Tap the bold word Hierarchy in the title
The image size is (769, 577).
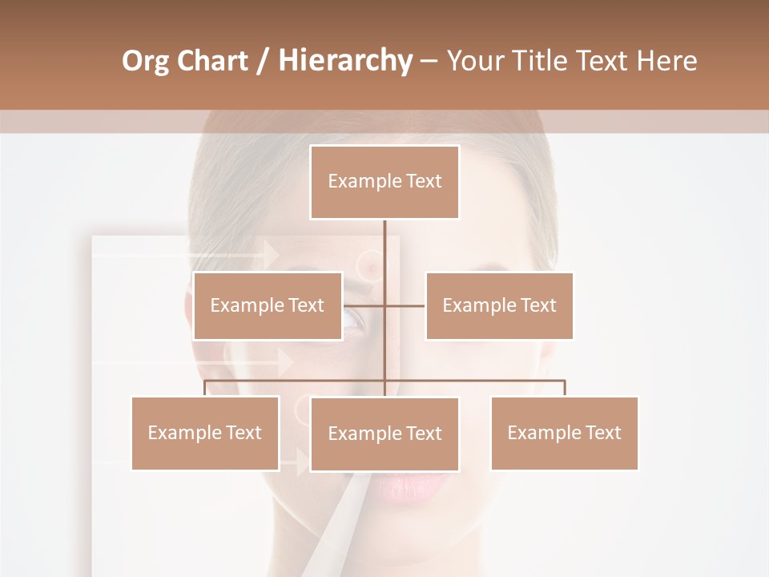(x=344, y=61)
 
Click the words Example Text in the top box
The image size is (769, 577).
(x=384, y=181)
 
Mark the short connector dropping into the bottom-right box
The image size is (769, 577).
(x=565, y=388)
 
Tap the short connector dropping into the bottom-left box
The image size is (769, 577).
(x=205, y=388)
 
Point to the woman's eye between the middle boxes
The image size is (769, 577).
(x=353, y=321)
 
